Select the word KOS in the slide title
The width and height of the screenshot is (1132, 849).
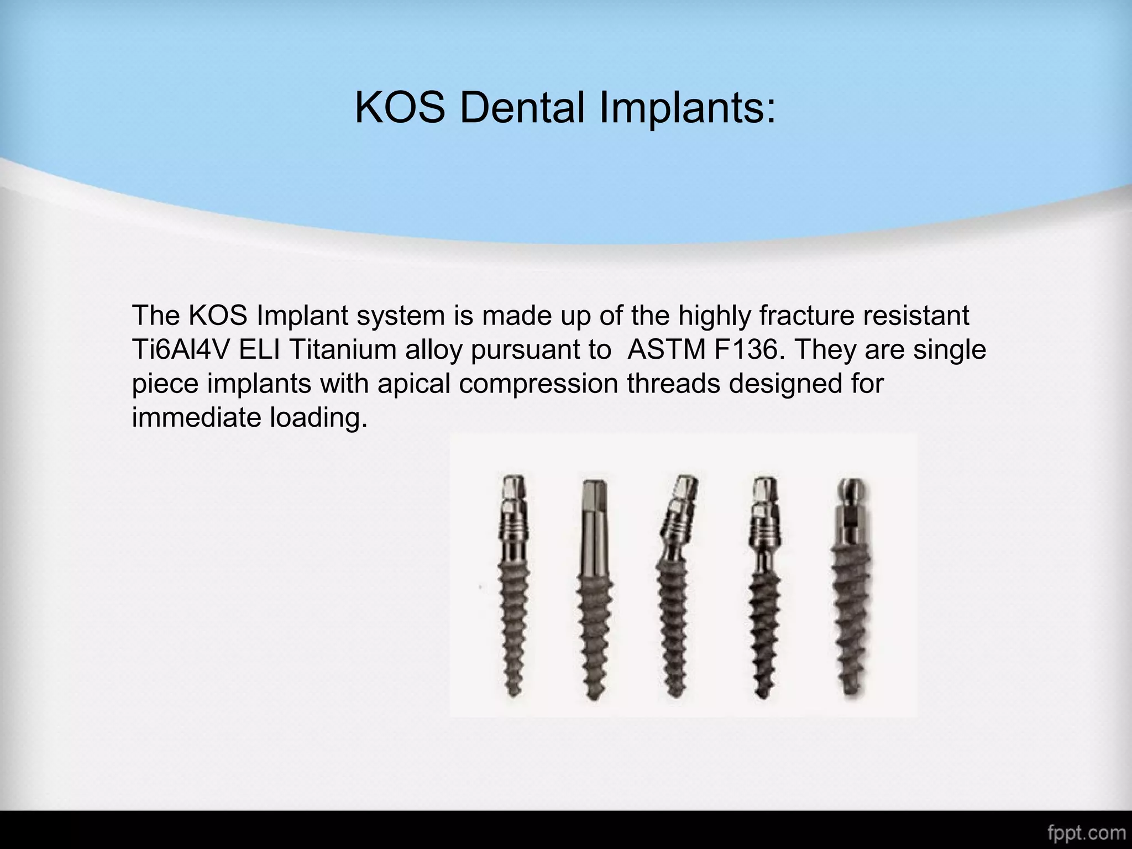click(400, 107)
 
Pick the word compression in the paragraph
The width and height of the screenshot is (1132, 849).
click(538, 384)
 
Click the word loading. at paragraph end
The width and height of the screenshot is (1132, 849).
click(318, 418)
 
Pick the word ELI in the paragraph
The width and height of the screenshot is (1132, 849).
click(260, 350)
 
